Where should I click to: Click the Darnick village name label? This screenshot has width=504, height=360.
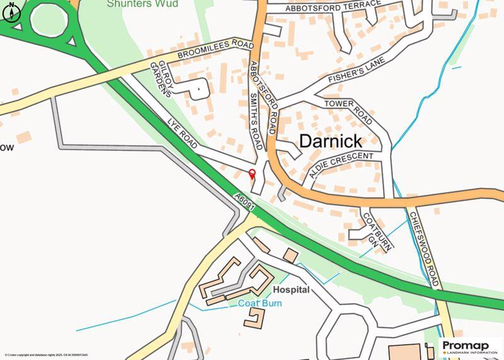[x=330, y=141]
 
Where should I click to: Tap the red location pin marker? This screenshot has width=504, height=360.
[x=252, y=175]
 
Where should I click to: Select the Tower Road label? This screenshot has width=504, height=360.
[x=349, y=112]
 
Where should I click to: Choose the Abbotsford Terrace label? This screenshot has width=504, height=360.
[x=333, y=7]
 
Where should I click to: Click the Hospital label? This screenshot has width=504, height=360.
[x=291, y=290]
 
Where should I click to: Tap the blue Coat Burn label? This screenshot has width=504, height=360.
[x=260, y=303]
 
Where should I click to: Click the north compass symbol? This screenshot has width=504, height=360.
[x=10, y=12]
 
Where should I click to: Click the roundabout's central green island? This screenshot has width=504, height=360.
[x=49, y=21]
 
